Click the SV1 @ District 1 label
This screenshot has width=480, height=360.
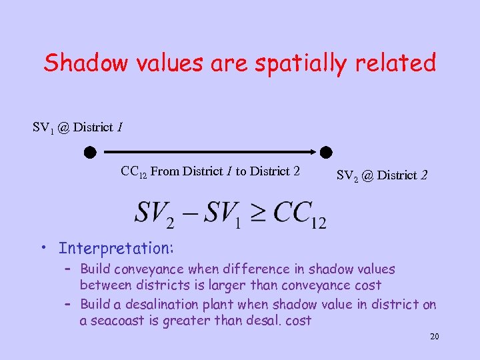pyautogui.click(x=77, y=127)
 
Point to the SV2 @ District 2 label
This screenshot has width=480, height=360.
pyautogui.click(x=381, y=176)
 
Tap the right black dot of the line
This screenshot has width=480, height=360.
pyautogui.click(x=326, y=152)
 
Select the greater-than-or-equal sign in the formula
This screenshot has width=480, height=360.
pyautogui.click(x=256, y=213)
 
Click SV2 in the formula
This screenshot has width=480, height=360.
pyautogui.click(x=155, y=213)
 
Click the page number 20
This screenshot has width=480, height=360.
pyautogui.click(x=434, y=337)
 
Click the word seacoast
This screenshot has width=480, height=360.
pyautogui.click(x=118, y=321)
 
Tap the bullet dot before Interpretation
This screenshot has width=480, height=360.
pyautogui.click(x=42, y=248)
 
